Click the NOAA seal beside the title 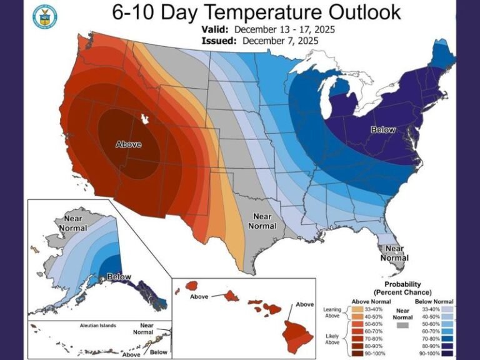44,17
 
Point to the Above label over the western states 129,144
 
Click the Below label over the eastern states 383,130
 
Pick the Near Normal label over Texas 263,221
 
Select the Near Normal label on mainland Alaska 72,223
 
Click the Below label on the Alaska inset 119,276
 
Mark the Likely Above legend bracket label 333,339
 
